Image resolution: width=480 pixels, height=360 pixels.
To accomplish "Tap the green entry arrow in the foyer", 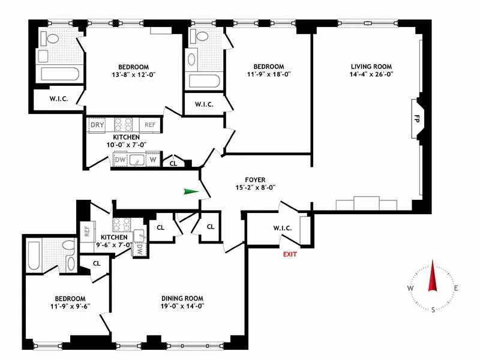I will (x=191, y=192).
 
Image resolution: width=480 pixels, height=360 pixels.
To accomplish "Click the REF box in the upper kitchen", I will (x=149, y=125).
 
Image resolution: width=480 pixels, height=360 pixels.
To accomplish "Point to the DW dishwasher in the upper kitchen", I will (x=120, y=160).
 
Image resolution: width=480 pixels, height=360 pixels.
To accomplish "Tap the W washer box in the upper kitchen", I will (x=154, y=160).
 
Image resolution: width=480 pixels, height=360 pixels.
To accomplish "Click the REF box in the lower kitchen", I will (x=86, y=229).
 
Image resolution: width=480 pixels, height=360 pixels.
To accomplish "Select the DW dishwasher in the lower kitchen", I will (x=139, y=246).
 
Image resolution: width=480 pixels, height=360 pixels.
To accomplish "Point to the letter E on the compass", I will (x=456, y=289).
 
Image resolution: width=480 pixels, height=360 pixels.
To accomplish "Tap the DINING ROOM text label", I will (x=182, y=298).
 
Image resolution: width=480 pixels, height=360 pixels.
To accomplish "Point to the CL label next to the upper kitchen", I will (x=173, y=162).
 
